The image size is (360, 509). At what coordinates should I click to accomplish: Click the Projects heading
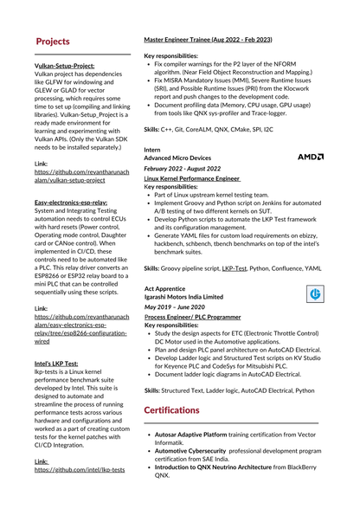tap(53, 42)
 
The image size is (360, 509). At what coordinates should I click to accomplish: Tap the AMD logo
tap(310, 158)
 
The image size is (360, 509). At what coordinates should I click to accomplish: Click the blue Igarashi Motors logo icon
tap(316, 295)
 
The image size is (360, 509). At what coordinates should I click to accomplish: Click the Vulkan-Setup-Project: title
tap(64, 66)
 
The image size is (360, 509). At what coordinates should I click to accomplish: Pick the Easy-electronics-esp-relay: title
tap(71, 202)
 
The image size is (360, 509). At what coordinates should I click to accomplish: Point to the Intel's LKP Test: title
tap(56, 364)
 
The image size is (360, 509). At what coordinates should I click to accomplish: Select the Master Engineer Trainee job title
tap(208, 41)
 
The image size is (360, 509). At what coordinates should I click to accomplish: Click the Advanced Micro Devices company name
tap(177, 158)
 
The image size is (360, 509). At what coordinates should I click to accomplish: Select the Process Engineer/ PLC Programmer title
tap(192, 317)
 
